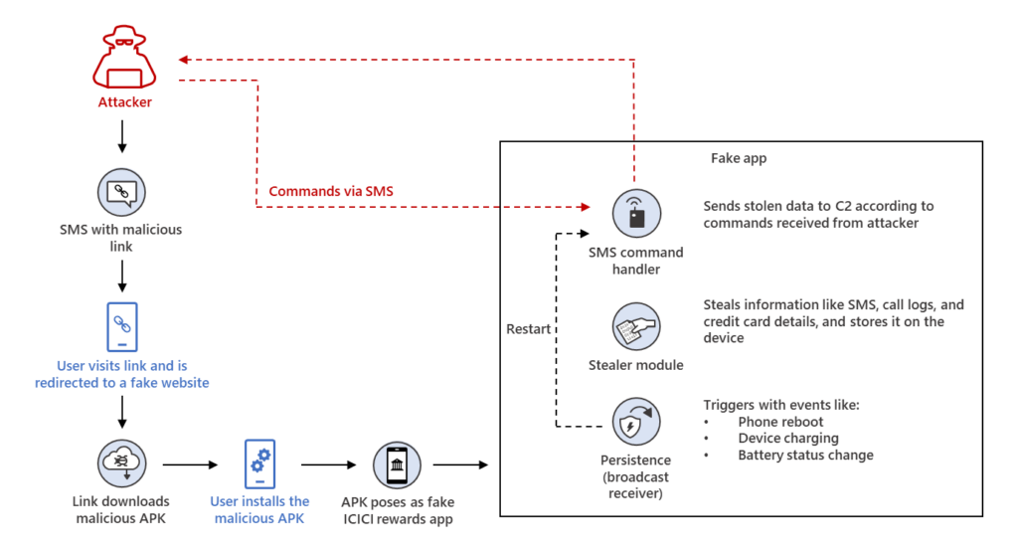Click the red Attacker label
124,101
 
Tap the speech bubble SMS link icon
121,191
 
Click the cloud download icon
121,463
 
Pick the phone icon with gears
258,463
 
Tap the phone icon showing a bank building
396,463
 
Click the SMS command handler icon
635,211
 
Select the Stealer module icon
635,325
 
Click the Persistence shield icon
635,424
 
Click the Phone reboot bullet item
779,422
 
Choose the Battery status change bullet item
805,455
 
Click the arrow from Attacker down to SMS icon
121,136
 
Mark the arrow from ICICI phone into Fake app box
461,464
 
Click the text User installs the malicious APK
259,509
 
